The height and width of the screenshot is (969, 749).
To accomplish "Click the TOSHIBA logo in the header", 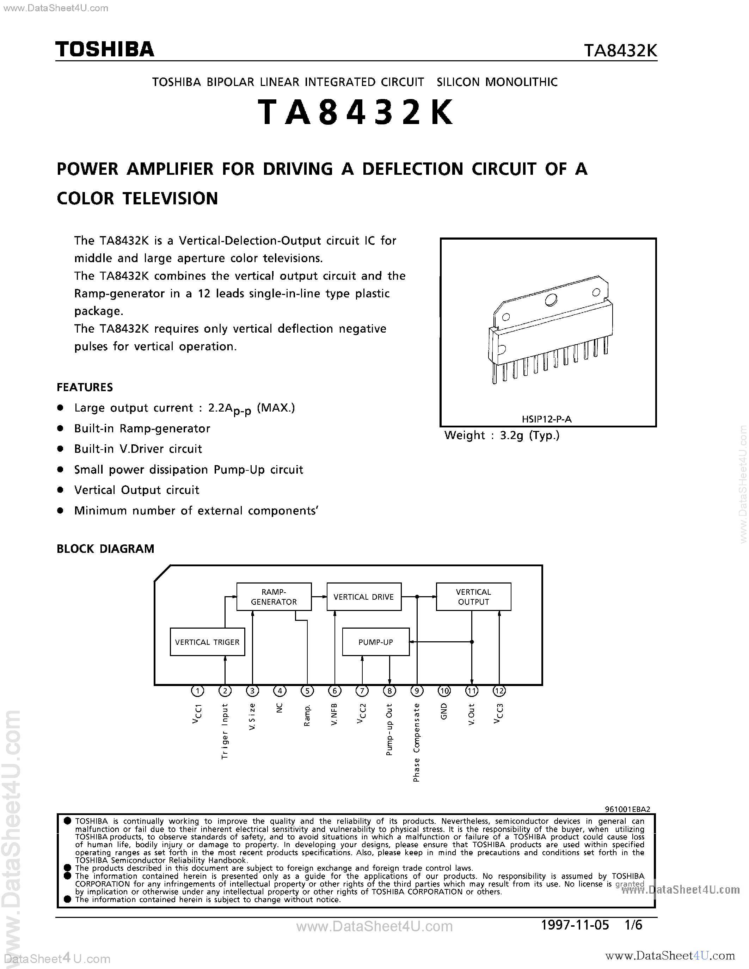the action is [x=105, y=49].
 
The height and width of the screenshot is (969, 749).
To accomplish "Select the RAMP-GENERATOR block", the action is [x=274, y=597].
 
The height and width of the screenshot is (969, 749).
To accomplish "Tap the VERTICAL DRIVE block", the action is [x=364, y=597].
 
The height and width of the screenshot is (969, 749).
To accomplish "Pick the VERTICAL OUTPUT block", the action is [x=473, y=597].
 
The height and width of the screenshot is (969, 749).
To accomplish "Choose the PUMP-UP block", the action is [x=376, y=642].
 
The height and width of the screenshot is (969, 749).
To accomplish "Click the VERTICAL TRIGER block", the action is [x=207, y=642].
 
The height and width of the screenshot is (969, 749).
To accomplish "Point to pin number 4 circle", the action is [x=280, y=691].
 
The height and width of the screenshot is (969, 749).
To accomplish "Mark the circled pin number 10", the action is [x=444, y=691].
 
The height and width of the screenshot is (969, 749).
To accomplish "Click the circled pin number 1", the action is [x=197, y=691].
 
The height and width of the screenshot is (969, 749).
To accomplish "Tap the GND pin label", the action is [x=444, y=712].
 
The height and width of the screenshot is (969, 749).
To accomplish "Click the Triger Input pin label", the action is [x=225, y=731].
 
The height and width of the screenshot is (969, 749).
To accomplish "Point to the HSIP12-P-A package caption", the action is [x=547, y=419].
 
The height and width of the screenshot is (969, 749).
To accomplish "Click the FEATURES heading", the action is [x=85, y=387].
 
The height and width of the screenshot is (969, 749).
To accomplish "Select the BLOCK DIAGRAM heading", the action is [x=106, y=549].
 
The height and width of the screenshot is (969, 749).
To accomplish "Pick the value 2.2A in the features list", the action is [x=221, y=408].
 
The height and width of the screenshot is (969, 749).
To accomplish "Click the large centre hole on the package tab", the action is [x=551, y=300].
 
